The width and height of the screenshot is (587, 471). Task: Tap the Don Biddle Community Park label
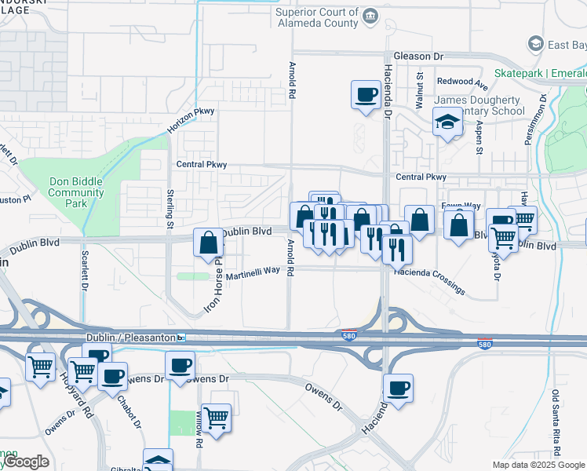coord(76,192)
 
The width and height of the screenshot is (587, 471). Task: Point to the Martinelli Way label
coord(253,272)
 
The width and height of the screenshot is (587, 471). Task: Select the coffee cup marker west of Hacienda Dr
coord(364,94)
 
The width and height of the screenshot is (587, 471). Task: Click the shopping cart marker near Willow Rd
coord(215,416)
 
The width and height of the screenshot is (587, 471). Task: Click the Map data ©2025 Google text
coord(538,465)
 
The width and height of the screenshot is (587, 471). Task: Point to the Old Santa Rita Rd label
coord(556,424)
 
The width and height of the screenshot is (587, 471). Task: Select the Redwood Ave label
coord(462,81)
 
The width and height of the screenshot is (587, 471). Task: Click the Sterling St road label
coord(170,209)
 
